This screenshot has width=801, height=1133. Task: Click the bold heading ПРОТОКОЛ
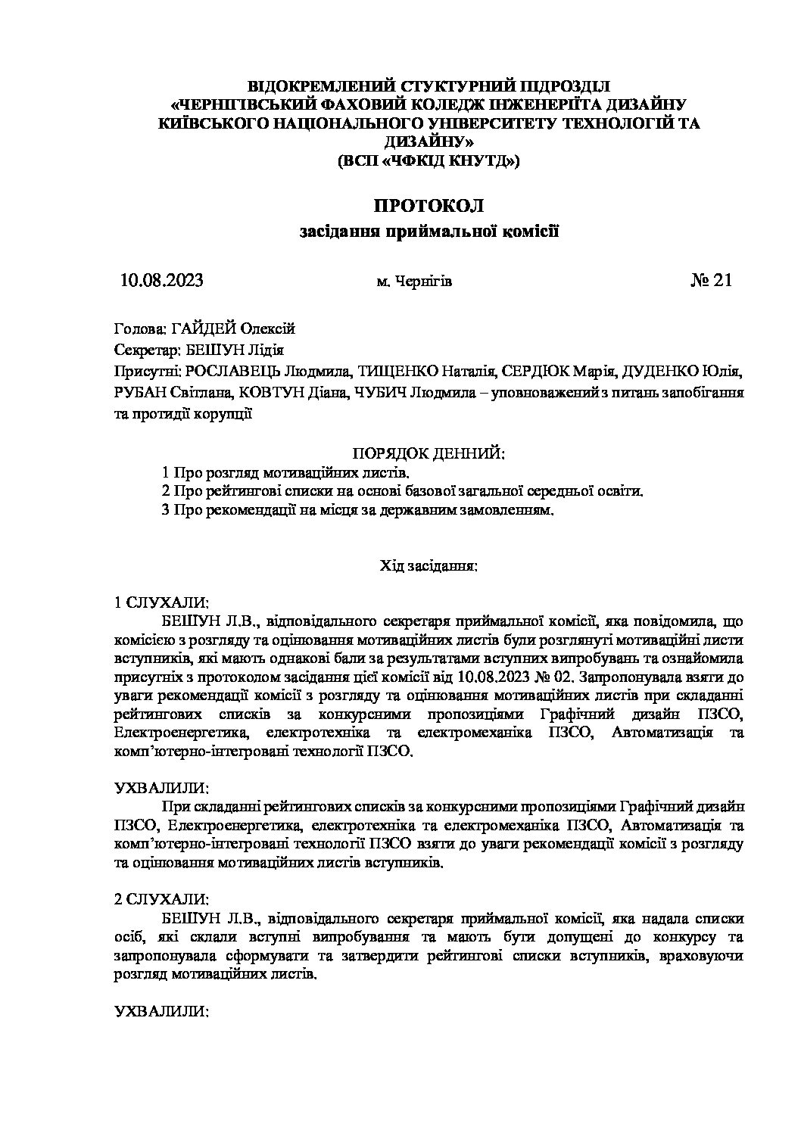point(428,205)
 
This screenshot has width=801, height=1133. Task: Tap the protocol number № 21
point(711,281)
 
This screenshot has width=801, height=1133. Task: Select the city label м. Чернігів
point(414,282)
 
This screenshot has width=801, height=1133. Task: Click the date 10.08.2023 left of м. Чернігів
point(161,281)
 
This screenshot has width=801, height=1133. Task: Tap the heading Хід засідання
point(428,565)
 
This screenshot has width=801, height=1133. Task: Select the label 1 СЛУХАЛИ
point(161,602)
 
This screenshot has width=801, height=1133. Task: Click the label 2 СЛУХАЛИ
point(161,899)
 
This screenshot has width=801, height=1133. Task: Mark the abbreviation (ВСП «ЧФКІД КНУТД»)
point(428,160)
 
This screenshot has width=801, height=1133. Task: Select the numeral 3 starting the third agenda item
point(166,511)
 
